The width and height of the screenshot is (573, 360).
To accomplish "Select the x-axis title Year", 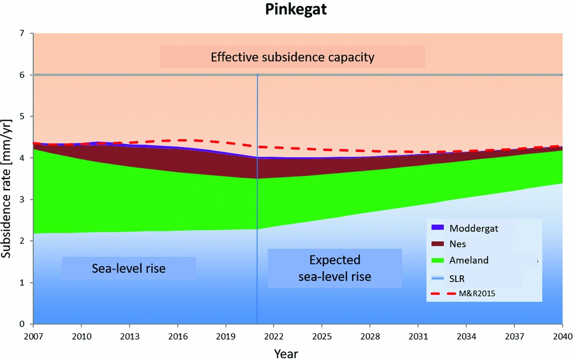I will coord(286,352).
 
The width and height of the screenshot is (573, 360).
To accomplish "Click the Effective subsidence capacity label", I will coord(292,57).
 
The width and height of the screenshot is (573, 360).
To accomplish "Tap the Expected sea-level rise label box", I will coord(335,268).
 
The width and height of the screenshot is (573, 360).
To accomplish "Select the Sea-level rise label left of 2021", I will coord(129,269).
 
